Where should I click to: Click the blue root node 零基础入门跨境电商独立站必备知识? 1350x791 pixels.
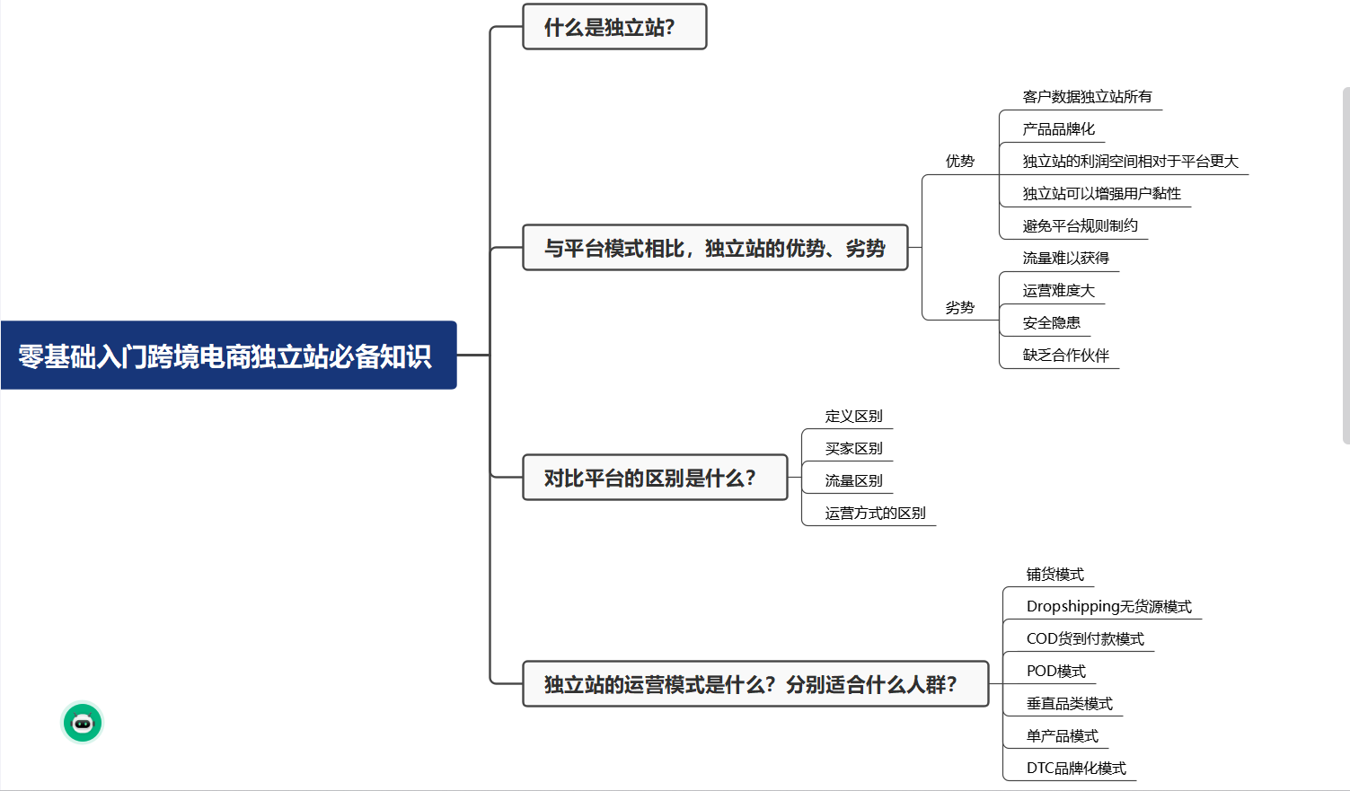point(228,356)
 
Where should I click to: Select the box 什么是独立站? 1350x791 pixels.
point(614,27)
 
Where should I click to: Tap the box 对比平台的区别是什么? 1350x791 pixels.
point(655,478)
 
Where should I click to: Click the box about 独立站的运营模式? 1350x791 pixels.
point(754,684)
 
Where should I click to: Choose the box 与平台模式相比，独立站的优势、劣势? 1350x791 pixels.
point(715,248)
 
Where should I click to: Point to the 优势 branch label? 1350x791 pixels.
point(959,162)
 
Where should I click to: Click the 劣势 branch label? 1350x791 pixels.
point(959,308)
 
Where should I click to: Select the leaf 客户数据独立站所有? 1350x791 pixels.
point(1087,97)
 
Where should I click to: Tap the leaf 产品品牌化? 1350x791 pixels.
point(1058,129)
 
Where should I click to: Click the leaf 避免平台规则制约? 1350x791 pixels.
point(1080,226)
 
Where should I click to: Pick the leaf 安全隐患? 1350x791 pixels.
point(1051,323)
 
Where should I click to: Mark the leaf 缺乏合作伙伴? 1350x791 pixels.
point(1065,356)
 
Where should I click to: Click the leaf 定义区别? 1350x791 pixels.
point(853,417)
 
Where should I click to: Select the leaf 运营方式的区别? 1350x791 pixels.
point(875,514)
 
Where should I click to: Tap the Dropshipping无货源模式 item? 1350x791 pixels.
point(1108,607)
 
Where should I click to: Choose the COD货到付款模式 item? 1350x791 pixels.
point(1085,639)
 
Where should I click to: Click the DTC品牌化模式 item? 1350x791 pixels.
point(1076,769)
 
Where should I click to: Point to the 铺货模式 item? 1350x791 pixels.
point(1054,575)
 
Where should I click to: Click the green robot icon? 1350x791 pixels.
point(83,723)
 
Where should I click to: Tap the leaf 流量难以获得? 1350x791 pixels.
point(1065,259)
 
